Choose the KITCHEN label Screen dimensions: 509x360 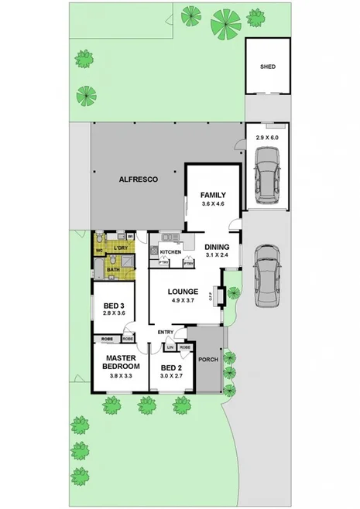click(x=171, y=253)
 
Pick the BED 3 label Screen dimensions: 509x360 click(x=114, y=305)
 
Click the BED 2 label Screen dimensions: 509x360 click(x=171, y=367)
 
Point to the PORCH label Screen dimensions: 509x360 click(x=208, y=359)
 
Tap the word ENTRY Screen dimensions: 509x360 click(x=165, y=333)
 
